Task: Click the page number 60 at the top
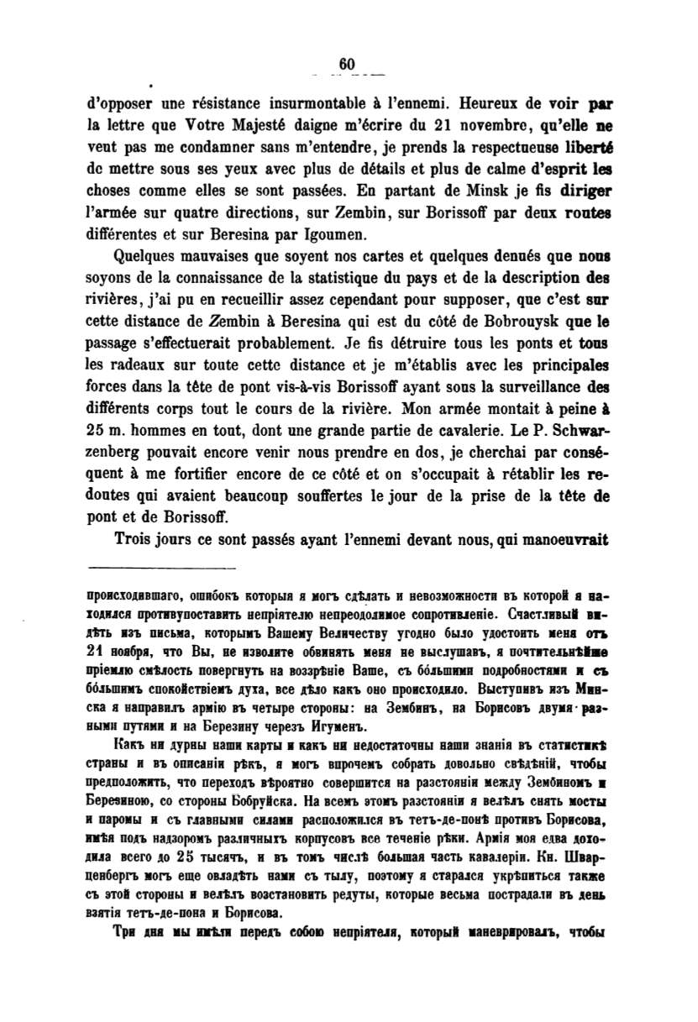pos(348,65)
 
